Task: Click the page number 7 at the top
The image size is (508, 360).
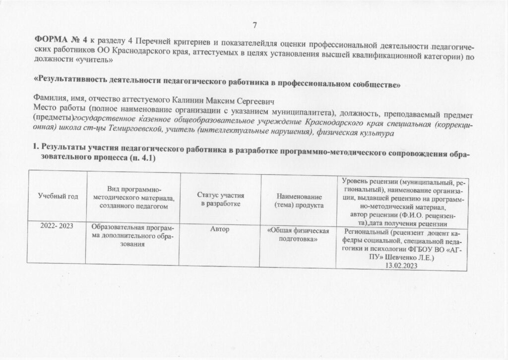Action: (254, 25)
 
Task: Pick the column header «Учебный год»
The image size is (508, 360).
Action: (59, 197)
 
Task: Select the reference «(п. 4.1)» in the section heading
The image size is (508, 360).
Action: (143, 157)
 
